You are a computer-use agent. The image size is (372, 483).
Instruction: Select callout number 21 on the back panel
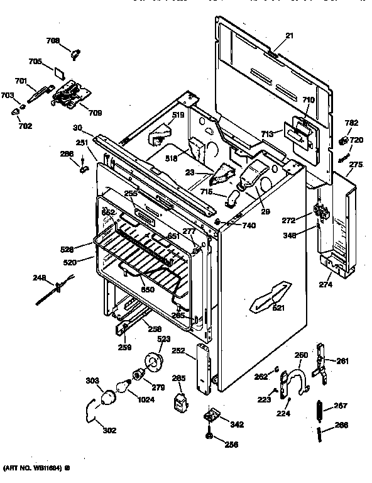tap(290, 36)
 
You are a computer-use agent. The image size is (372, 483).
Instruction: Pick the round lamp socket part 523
tap(153, 363)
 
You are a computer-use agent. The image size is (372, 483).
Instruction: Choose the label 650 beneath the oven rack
tap(147, 289)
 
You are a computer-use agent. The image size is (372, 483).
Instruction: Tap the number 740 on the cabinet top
tap(248, 225)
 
